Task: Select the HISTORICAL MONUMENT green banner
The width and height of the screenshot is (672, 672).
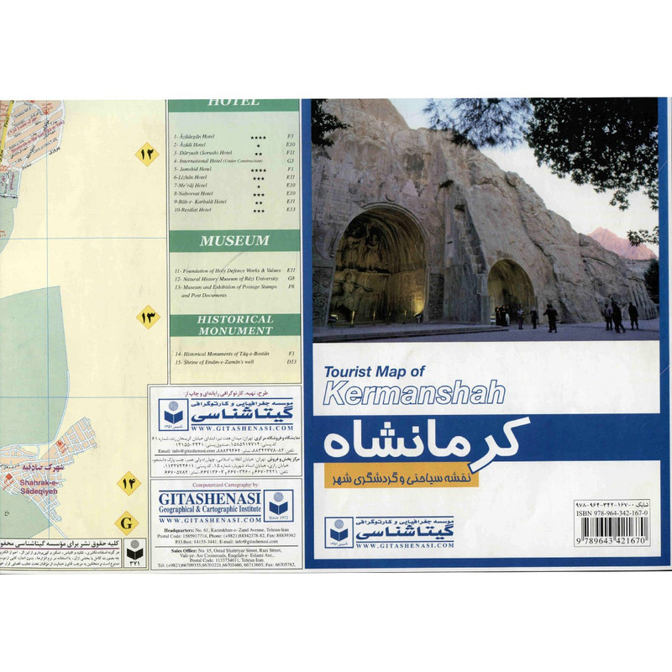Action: tap(234, 325)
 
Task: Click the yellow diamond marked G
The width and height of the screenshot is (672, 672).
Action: tap(126, 523)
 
